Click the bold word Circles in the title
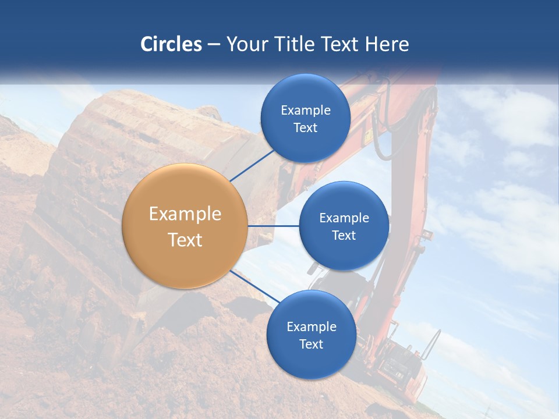tap(171, 44)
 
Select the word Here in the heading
tap(387, 44)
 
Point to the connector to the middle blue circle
tap(273, 226)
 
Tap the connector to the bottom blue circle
tap(255, 286)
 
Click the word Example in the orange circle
tap(185, 214)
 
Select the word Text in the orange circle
tap(185, 240)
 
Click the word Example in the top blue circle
tap(305, 110)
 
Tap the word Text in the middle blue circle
tap(344, 235)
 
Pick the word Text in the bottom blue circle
tap(311, 344)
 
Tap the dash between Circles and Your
tap(214, 45)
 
